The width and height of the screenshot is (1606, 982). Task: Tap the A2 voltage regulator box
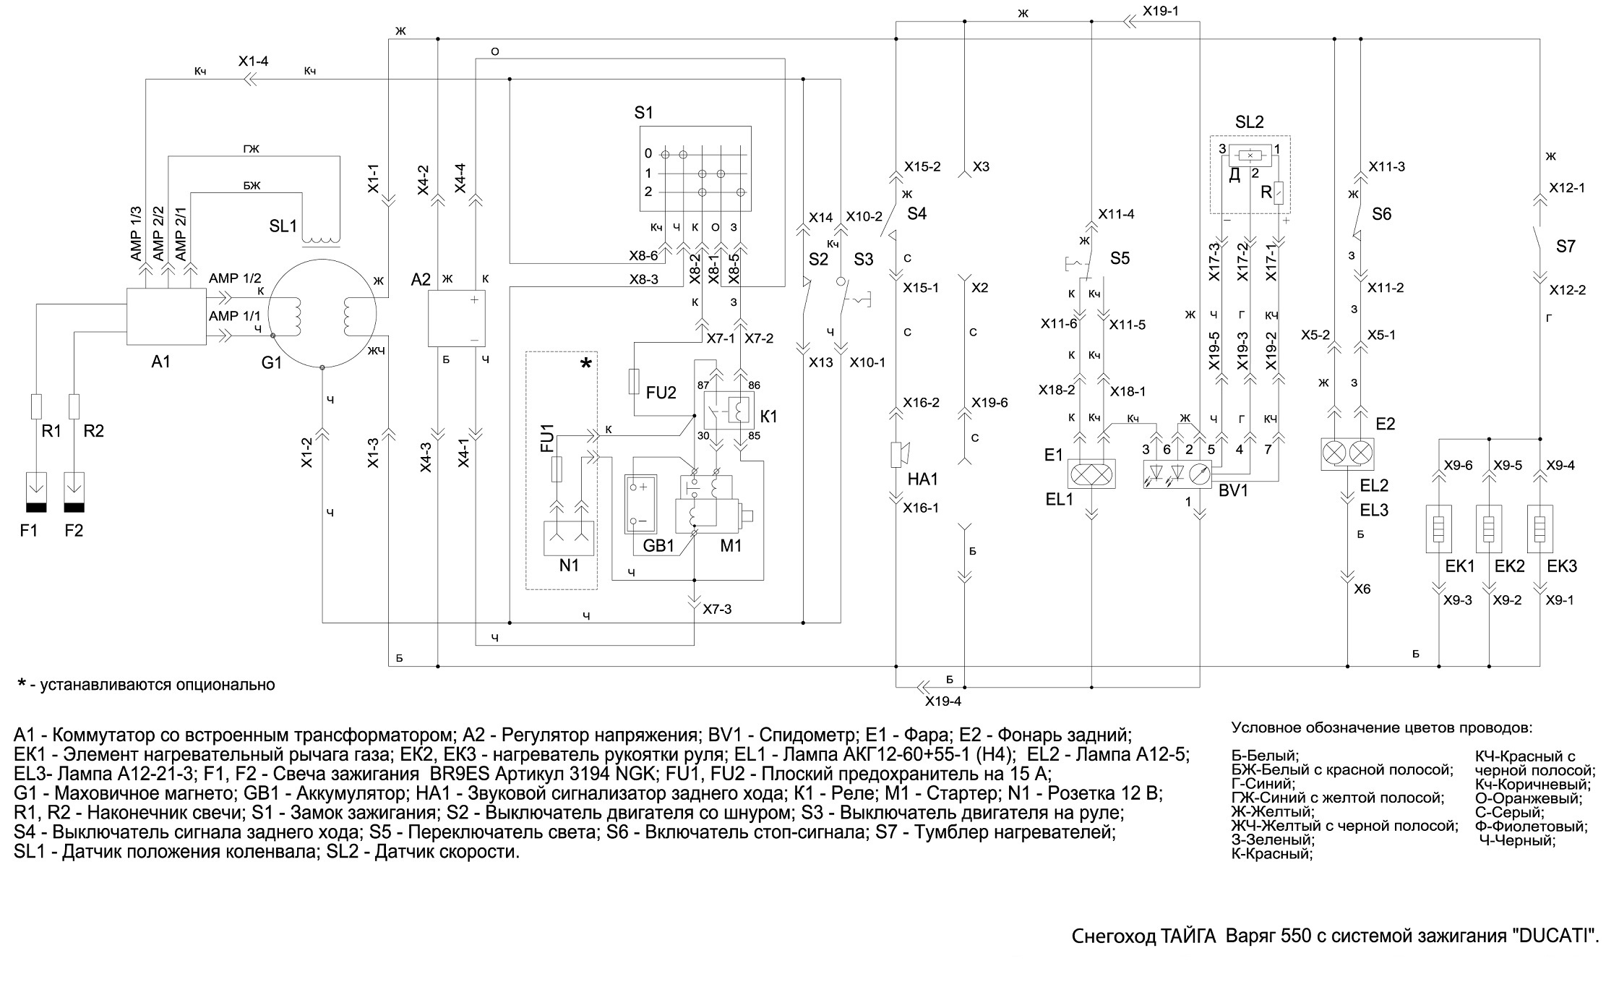pyautogui.click(x=457, y=319)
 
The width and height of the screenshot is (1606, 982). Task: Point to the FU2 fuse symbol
pyautogui.click(x=635, y=380)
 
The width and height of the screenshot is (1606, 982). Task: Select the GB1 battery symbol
pyautogui.click(x=640, y=504)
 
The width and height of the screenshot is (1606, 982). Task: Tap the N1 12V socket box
pyautogui.click(x=569, y=538)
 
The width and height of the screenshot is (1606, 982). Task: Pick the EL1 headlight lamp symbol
pyautogui.click(x=1091, y=474)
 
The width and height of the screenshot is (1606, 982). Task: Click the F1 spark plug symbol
pyautogui.click(x=35, y=492)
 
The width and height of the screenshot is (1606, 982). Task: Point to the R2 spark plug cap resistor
pyautogui.click(x=74, y=406)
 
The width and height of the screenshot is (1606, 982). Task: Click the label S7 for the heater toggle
pyautogui.click(x=1566, y=247)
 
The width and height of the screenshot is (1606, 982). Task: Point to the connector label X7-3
pyautogui.click(x=717, y=610)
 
